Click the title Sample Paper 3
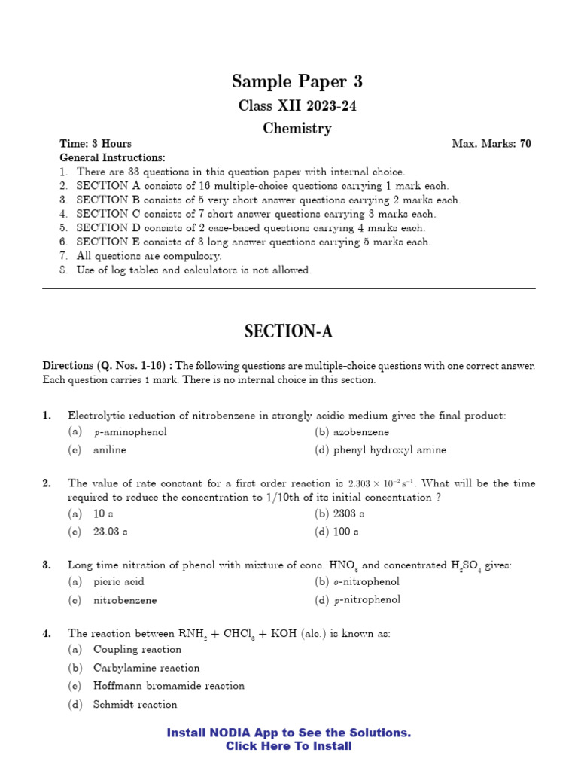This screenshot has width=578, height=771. [x=297, y=81]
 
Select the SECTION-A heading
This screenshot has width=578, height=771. [x=289, y=331]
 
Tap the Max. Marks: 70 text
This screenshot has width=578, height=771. [x=491, y=143]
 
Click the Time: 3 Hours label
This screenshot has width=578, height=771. [x=96, y=143]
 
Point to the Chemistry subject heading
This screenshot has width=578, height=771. [x=297, y=128]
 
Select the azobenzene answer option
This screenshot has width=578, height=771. [x=361, y=432]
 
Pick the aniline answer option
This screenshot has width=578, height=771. [x=109, y=450]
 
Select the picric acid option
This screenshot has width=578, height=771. [x=118, y=581]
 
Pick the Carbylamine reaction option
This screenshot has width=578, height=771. [x=146, y=668]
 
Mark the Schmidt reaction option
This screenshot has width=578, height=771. [x=135, y=705]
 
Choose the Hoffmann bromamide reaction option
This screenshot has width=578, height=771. [x=169, y=686]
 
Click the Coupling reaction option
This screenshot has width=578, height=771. [x=137, y=649]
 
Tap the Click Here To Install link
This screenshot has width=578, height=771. [x=289, y=746]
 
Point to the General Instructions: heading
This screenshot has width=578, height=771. [x=112, y=157]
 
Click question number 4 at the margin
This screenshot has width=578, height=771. [x=47, y=634]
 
